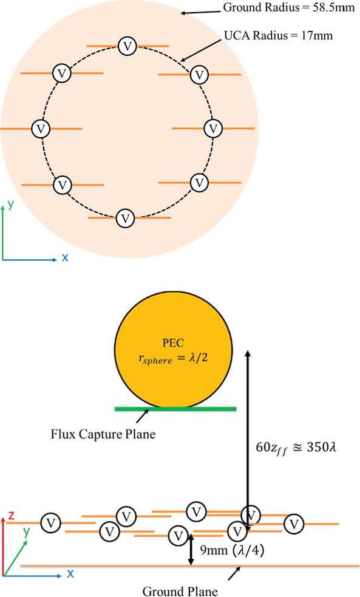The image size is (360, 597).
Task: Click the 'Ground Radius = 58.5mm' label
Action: [x=289, y=7]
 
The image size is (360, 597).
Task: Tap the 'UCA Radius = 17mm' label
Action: [x=278, y=35]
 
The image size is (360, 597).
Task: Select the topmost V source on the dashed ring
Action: [x=127, y=46]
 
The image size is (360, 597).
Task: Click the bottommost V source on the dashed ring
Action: [x=125, y=219]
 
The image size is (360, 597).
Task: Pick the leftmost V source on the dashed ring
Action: [x=41, y=129]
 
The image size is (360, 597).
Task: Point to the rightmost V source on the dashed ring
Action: [x=213, y=129]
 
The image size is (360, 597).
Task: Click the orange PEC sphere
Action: [x=174, y=349]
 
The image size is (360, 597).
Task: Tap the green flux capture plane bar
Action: [x=175, y=409]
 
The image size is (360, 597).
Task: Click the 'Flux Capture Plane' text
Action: [x=103, y=434]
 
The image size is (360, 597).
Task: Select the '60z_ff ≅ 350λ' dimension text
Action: [x=296, y=448]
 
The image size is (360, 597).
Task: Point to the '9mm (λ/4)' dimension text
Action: [x=232, y=550]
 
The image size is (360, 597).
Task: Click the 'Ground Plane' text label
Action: [x=180, y=591]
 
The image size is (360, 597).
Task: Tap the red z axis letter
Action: [x=12, y=516]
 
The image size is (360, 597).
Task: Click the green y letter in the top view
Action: [x=11, y=205]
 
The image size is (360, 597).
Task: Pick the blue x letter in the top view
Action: [x=65, y=258]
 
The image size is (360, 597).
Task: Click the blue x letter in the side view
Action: [x=70, y=573]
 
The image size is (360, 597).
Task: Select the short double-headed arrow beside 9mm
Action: [x=191, y=548]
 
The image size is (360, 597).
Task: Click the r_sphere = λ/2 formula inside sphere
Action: [x=173, y=358]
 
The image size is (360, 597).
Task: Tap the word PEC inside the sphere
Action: [x=173, y=343]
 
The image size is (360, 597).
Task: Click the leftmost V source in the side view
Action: [x=50, y=523]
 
